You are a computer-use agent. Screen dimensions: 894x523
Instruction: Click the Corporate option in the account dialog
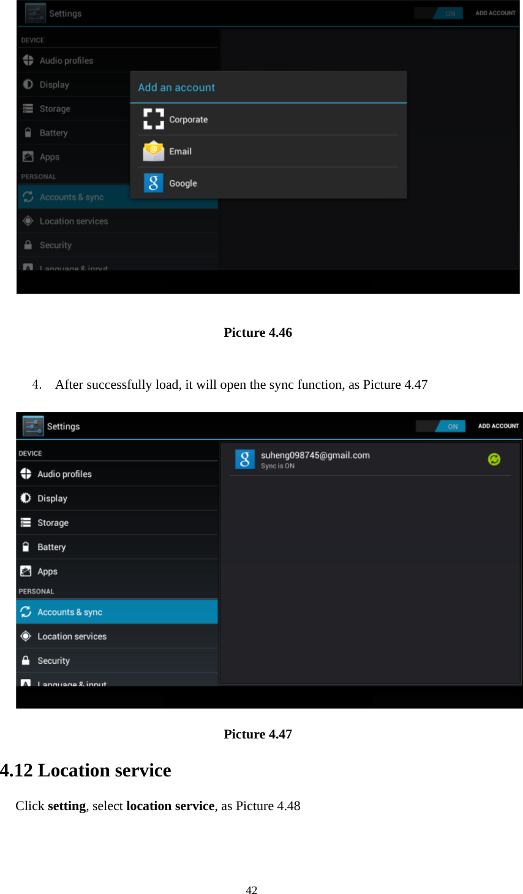click(x=188, y=119)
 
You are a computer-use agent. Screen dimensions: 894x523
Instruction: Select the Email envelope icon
click(x=153, y=151)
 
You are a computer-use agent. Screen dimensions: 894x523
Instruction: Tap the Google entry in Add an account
click(x=182, y=183)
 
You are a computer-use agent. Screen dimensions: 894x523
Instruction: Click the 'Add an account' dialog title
click(x=176, y=88)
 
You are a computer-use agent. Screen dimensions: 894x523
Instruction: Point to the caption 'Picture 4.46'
click(x=258, y=332)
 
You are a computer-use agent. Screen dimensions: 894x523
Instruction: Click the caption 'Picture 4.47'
click(x=258, y=734)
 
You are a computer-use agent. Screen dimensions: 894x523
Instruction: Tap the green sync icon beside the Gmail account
click(x=494, y=459)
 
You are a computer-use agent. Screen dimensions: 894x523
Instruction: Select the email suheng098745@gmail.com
click(x=315, y=455)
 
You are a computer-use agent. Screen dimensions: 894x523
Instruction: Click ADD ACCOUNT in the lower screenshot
click(x=498, y=426)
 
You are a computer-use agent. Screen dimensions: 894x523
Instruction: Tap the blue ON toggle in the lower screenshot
click(x=452, y=426)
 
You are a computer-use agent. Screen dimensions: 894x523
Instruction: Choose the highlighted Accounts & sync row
click(x=117, y=612)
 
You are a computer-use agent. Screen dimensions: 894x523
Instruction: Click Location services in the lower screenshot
click(x=72, y=636)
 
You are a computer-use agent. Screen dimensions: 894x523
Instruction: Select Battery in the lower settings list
click(x=51, y=547)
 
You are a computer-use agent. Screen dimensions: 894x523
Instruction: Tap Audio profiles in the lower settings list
click(x=64, y=474)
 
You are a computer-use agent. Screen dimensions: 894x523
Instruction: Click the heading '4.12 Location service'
click(x=86, y=770)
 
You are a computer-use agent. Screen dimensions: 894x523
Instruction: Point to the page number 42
click(x=251, y=890)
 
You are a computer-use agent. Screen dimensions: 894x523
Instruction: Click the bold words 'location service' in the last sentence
click(x=170, y=806)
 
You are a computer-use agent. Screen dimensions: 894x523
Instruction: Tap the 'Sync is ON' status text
click(x=277, y=466)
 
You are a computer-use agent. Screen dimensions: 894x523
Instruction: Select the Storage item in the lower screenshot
click(x=53, y=523)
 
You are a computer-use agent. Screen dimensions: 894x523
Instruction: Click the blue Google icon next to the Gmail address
click(x=244, y=459)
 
